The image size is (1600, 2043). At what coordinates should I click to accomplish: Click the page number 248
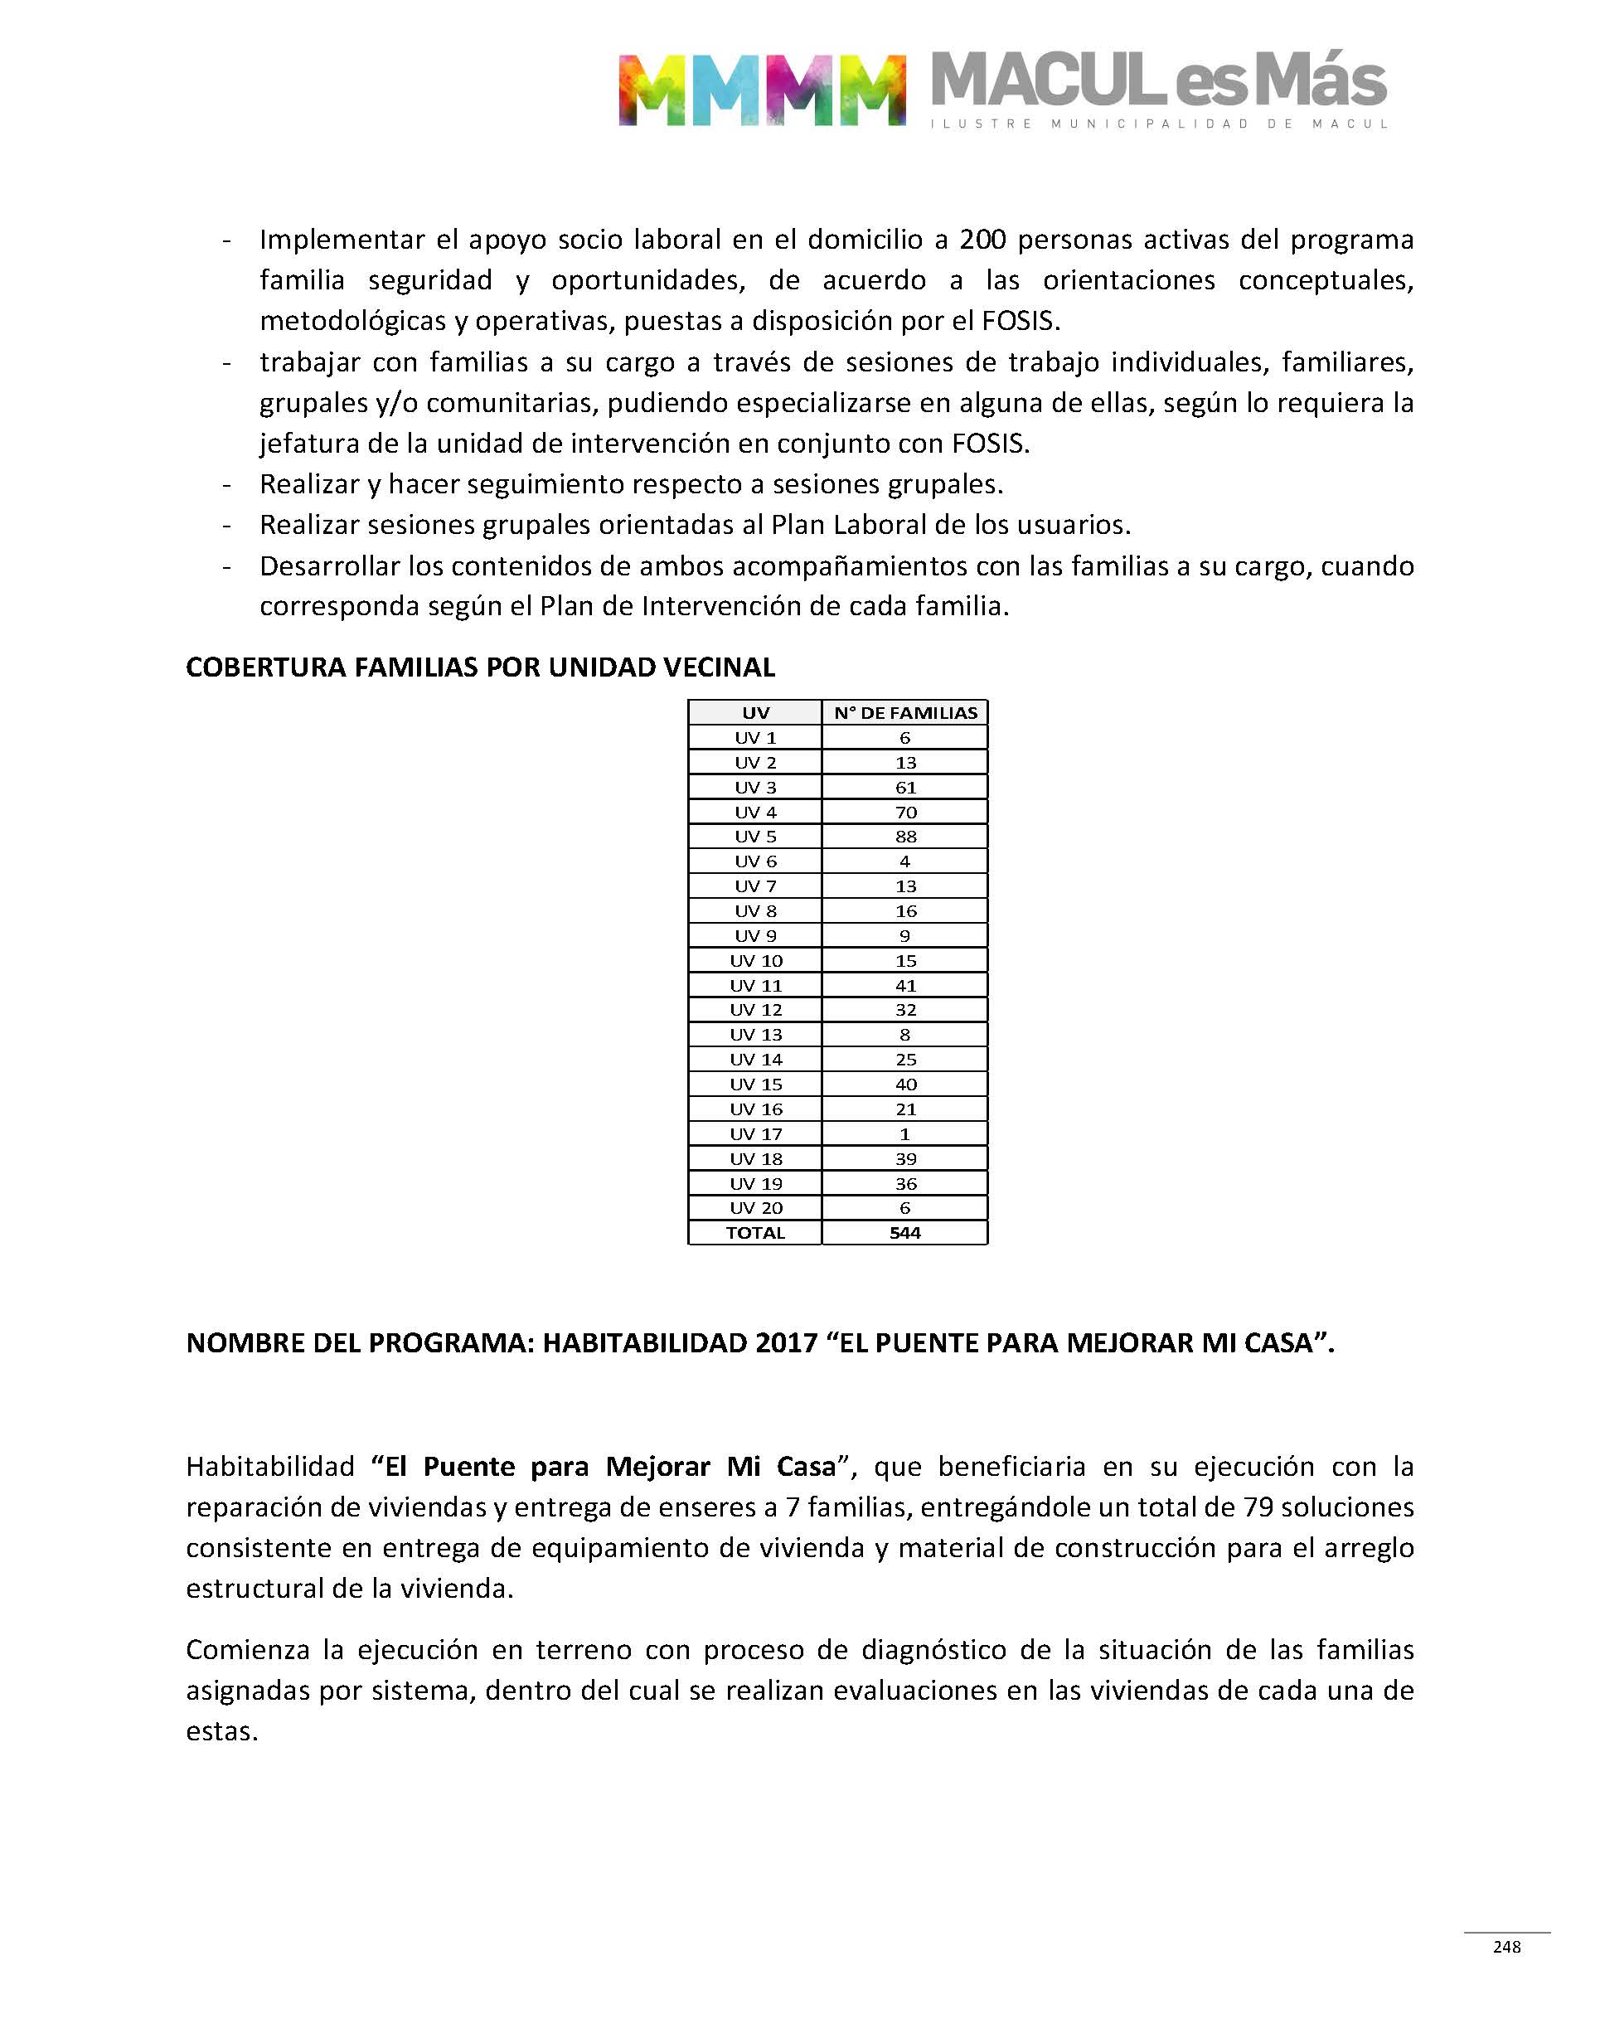(x=1506, y=1948)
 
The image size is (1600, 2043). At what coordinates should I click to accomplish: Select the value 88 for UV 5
(x=905, y=837)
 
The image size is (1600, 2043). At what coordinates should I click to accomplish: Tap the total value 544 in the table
(x=905, y=1233)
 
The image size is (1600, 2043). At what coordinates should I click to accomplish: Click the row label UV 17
(x=755, y=1133)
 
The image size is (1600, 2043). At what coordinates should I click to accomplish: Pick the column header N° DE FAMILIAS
(x=905, y=713)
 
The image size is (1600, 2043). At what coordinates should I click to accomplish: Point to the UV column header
(x=755, y=713)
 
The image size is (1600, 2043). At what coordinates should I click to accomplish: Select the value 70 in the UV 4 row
(x=905, y=812)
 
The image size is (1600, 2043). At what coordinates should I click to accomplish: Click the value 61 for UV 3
(x=905, y=787)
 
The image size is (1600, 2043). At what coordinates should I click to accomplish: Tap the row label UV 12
(x=755, y=1010)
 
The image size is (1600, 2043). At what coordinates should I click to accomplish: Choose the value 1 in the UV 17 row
(x=905, y=1133)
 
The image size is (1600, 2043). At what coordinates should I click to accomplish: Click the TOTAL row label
(x=755, y=1233)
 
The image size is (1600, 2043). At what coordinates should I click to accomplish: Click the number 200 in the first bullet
(x=982, y=240)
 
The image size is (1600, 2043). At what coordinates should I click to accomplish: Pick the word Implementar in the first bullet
(x=341, y=240)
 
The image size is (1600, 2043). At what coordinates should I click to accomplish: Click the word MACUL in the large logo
(x=1047, y=80)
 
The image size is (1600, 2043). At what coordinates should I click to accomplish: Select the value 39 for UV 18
(x=905, y=1159)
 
